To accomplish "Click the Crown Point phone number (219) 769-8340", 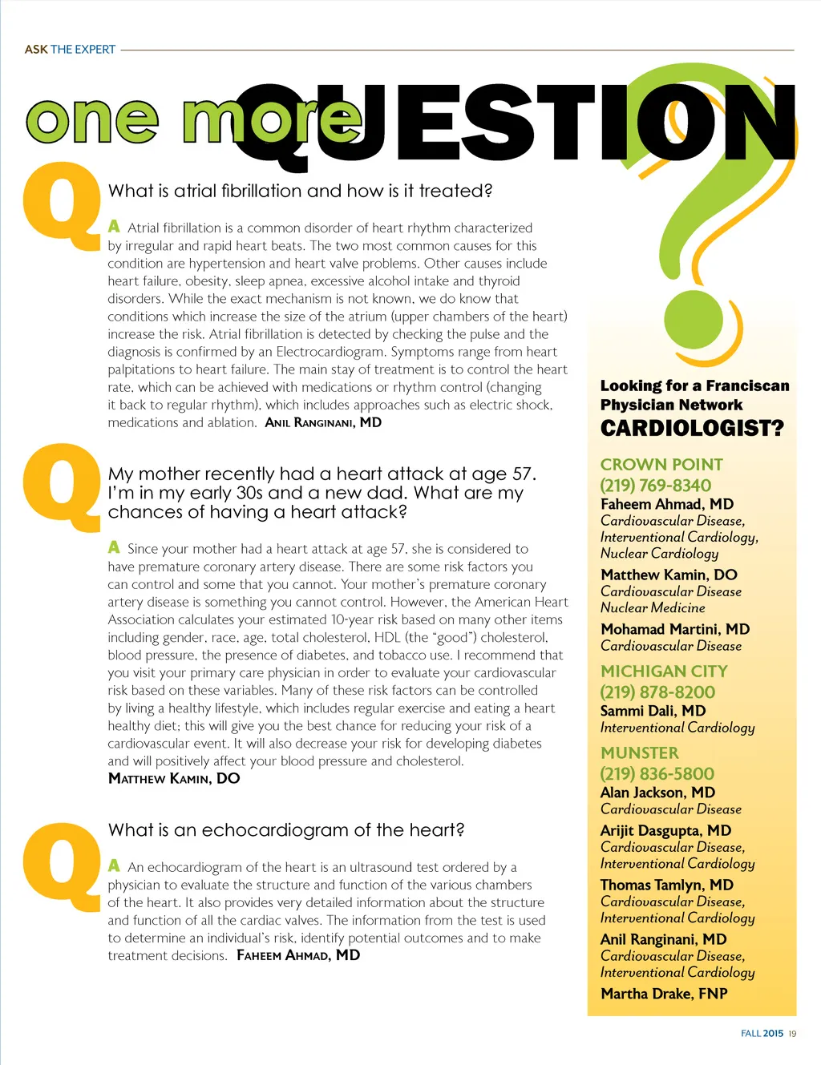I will pos(655,485).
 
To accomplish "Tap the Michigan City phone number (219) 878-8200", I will pos(657,692).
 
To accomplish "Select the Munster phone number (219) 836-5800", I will pos(657,773).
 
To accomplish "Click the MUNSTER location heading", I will pos(639,752).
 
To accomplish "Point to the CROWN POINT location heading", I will pos(661,464).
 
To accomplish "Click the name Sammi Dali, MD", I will pos(653,711).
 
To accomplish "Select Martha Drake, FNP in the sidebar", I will pos(664,994).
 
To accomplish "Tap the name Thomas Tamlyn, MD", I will pos(666,885).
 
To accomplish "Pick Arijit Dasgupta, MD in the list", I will pos(665,830).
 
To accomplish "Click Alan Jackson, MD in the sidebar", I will pos(657,792).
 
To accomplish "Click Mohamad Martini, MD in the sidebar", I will pos(674,629).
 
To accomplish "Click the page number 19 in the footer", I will pos(792,1034).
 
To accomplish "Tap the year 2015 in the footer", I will pos(773,1034).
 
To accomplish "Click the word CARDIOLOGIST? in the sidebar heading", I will pos(692,428).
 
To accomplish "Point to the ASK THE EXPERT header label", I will pos(70,50).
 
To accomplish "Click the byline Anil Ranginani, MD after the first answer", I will pos(323,422).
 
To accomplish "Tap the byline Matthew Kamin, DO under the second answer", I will pos(174,778).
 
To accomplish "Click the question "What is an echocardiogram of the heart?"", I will pos(286,830).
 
